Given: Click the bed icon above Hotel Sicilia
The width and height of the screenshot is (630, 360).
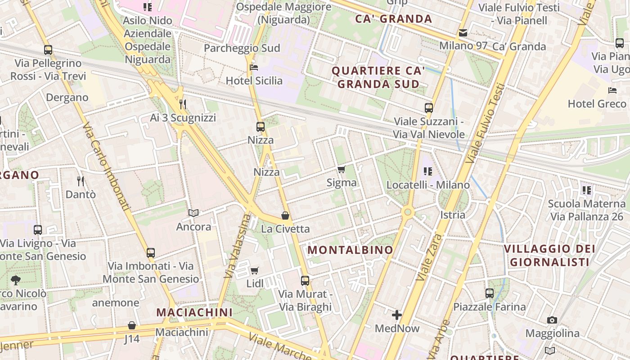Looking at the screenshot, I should (254, 67).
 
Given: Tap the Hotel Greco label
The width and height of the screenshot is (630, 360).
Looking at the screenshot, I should (597, 103).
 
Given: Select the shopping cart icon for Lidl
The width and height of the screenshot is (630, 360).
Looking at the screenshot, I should (255, 270).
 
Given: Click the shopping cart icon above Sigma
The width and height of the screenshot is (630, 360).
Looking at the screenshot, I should (342, 170).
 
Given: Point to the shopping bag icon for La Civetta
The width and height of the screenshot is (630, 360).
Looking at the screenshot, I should (285, 216).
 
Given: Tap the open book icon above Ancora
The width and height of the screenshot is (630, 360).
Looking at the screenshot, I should (193, 213).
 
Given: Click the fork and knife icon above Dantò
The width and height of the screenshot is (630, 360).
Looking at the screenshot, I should (81, 181).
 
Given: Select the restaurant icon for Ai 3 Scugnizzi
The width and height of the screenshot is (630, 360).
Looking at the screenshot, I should (183, 104).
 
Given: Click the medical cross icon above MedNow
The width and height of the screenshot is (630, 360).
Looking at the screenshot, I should (397, 315).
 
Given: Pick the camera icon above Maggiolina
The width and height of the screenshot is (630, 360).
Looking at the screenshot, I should (552, 320).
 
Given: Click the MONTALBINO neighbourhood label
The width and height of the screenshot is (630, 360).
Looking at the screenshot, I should (350, 250).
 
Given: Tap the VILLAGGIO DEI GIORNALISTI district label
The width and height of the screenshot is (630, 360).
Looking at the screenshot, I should (549, 255).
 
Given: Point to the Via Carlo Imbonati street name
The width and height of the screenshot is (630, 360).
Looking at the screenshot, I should (106, 166).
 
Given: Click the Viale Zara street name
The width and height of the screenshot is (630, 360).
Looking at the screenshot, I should (429, 257).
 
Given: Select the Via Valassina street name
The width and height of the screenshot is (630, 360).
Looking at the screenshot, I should (238, 245).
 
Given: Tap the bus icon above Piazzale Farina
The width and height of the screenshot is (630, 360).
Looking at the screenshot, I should (490, 293).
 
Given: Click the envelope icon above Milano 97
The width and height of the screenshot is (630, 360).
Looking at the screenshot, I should (463, 33).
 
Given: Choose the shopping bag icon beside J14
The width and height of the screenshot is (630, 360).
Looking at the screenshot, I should (132, 325).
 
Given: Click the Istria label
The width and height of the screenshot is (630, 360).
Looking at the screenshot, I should (453, 215).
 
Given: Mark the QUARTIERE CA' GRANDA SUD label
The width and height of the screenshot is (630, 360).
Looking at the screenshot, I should (378, 77).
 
